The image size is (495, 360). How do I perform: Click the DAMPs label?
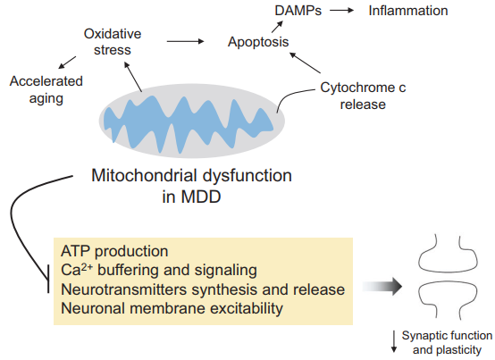(298, 11)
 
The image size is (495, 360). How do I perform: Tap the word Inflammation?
(408, 11)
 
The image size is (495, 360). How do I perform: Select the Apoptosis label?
(258, 42)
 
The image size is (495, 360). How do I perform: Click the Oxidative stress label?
(113, 42)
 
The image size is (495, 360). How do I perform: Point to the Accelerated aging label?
(46, 90)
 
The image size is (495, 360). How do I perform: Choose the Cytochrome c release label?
(363, 96)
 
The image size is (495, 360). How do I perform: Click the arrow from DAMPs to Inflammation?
(341, 11)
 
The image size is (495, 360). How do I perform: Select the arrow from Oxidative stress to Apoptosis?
(185, 41)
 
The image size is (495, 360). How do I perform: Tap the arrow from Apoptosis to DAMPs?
(277, 27)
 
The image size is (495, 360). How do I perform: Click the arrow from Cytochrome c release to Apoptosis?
(305, 63)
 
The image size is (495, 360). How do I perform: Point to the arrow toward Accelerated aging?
(67, 63)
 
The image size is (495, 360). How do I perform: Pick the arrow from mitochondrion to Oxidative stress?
(133, 77)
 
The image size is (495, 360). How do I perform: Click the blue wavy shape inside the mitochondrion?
(189, 124)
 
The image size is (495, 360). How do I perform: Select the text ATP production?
(114, 251)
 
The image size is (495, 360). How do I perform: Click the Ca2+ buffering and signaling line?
(159, 270)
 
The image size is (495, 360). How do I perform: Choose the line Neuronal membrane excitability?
(172, 308)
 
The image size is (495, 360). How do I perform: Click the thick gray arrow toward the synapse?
(382, 287)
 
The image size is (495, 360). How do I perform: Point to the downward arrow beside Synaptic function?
(394, 341)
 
